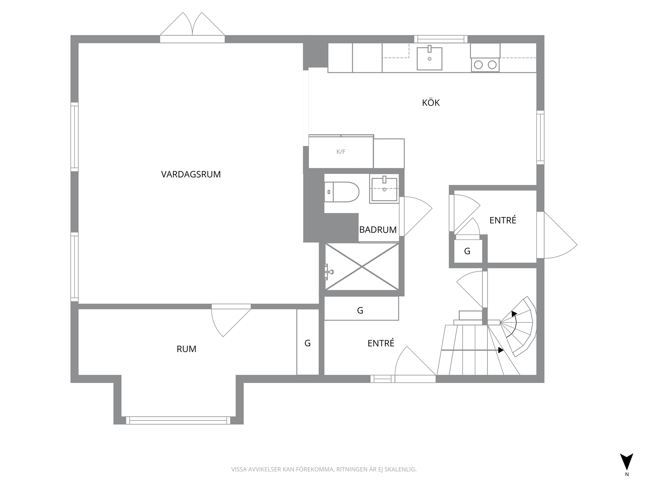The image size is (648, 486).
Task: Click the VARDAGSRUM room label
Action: pos(191,174)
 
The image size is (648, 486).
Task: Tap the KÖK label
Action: pos(431,102)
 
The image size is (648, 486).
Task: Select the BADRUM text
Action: pos(378,229)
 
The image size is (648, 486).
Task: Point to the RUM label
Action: pos(186,349)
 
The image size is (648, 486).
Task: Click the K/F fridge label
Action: pos(341,152)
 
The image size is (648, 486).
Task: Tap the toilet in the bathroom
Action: pos(342,192)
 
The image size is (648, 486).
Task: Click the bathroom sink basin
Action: pos(384,189)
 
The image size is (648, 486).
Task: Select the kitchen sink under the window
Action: pos(429,58)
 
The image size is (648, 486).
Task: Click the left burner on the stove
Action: pos(478,65)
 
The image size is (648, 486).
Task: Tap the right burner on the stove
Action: pos(492,65)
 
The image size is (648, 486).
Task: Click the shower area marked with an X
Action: pos(362,267)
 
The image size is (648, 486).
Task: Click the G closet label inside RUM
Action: pos(307,343)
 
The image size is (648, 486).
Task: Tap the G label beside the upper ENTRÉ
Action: pos(467,251)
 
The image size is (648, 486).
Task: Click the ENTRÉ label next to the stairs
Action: pos(381,343)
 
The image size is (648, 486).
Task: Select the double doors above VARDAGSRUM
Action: pos(192,28)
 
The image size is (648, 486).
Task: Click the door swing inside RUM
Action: pos(231,321)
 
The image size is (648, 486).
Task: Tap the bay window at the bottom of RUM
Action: pos(178,420)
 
